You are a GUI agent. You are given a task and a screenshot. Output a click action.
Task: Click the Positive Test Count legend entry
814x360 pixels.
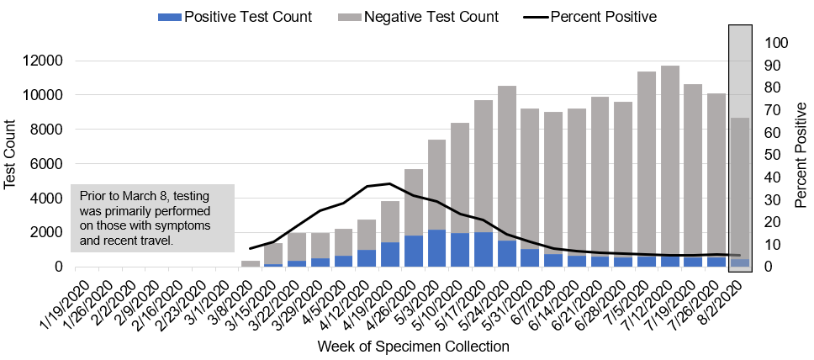pos(236,17)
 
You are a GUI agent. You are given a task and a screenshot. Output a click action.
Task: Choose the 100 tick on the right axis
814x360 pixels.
pos(776,42)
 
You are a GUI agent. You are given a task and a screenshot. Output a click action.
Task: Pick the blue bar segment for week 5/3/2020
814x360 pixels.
pos(437,248)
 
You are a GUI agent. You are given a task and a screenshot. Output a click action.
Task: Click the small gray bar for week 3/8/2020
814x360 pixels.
pos(251,263)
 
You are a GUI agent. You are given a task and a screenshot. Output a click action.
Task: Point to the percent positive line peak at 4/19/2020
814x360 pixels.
pos(389,183)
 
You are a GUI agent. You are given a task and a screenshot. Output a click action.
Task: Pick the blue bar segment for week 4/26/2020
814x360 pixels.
pos(414,251)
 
